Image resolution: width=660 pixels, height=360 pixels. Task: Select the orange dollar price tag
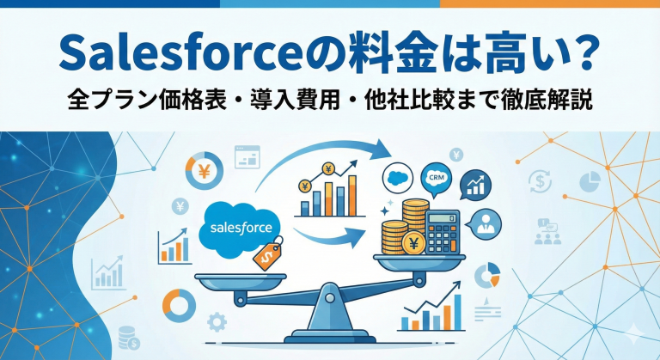[266, 255]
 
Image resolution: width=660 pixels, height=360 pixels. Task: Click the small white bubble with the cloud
[398, 178]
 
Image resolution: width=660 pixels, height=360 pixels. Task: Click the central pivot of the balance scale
[331, 297]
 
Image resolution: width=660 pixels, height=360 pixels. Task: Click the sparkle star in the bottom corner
[638, 331]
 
